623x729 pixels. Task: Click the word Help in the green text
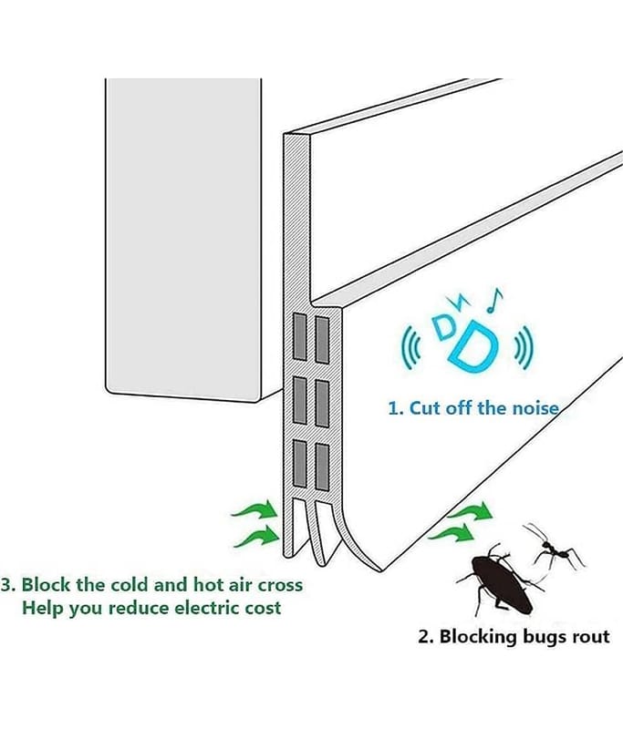[39, 607]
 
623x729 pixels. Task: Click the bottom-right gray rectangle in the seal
[321, 460]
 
